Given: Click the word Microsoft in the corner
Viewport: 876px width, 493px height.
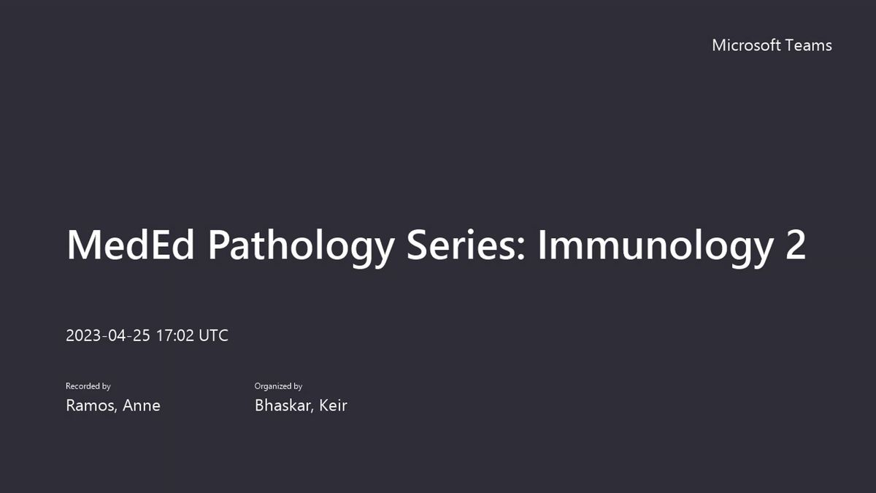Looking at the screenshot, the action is point(746,45).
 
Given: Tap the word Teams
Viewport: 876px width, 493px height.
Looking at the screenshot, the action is point(809,45).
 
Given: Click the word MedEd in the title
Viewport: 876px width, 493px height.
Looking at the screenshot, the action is point(130,245).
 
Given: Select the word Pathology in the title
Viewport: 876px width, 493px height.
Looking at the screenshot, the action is point(301,248).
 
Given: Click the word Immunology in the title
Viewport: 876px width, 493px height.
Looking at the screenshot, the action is point(656,248).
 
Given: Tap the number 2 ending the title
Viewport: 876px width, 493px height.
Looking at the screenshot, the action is point(796,245).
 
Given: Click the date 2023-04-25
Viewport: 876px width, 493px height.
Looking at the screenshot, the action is point(108,336).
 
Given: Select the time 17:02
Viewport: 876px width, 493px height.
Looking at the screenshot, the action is point(174,336).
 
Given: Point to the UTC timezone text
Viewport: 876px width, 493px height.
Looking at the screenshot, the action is point(213,336).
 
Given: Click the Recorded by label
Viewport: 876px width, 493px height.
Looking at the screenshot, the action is point(88,386).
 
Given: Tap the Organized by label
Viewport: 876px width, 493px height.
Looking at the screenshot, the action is point(278,386).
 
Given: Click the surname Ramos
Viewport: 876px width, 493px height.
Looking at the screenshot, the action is point(90,405).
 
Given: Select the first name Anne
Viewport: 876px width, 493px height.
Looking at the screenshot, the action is point(142,405).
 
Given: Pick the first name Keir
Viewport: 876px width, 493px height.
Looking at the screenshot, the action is point(333,405).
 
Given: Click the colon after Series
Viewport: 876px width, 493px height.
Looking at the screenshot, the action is point(520,250).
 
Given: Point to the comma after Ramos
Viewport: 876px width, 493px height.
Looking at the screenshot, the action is point(116,410).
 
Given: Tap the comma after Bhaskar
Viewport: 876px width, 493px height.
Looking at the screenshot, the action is point(312,410).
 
